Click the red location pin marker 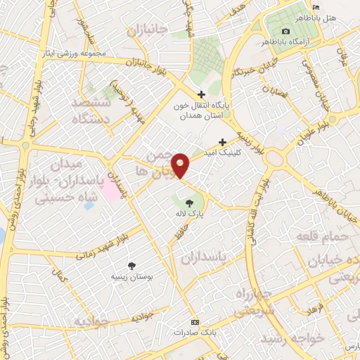pos(181,165)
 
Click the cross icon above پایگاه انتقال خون pos(201,94)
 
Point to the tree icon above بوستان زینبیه pos(131,265)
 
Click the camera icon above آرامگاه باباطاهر pos(285,32)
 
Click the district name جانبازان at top pos(149,31)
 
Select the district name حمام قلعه pos(324,236)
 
